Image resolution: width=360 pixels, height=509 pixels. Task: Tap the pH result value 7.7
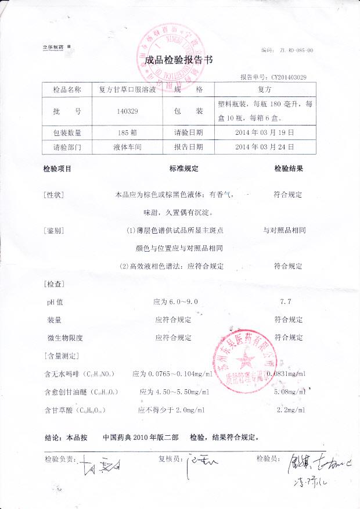tap(285, 302)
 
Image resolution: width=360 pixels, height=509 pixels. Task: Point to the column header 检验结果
tap(289, 169)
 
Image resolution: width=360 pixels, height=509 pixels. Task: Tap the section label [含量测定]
tap(61, 355)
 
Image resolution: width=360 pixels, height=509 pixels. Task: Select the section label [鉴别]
tap(53, 231)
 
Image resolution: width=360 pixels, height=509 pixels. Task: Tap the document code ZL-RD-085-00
tap(296, 51)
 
